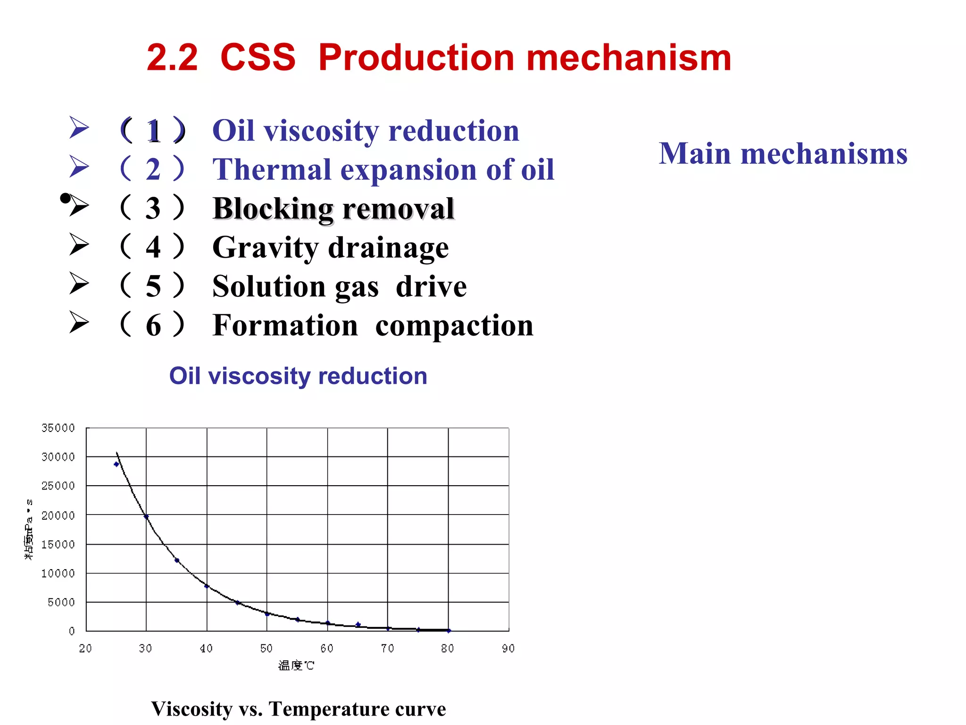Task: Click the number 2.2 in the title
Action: tap(172, 58)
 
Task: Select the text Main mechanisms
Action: tap(783, 154)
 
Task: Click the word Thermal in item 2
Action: tap(272, 169)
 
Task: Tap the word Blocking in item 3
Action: tap(273, 209)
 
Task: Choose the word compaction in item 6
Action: tap(454, 326)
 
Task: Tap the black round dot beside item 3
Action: tap(65, 198)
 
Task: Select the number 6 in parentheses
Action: tap(153, 326)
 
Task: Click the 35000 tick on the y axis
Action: tap(58, 428)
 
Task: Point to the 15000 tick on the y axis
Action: tap(58, 545)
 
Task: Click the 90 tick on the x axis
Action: tap(508, 649)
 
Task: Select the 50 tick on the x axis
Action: tap(266, 649)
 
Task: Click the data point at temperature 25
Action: tap(117, 464)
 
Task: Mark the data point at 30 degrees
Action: tap(146, 517)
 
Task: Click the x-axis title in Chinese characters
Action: tap(296, 666)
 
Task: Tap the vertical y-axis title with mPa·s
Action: tap(29, 529)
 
